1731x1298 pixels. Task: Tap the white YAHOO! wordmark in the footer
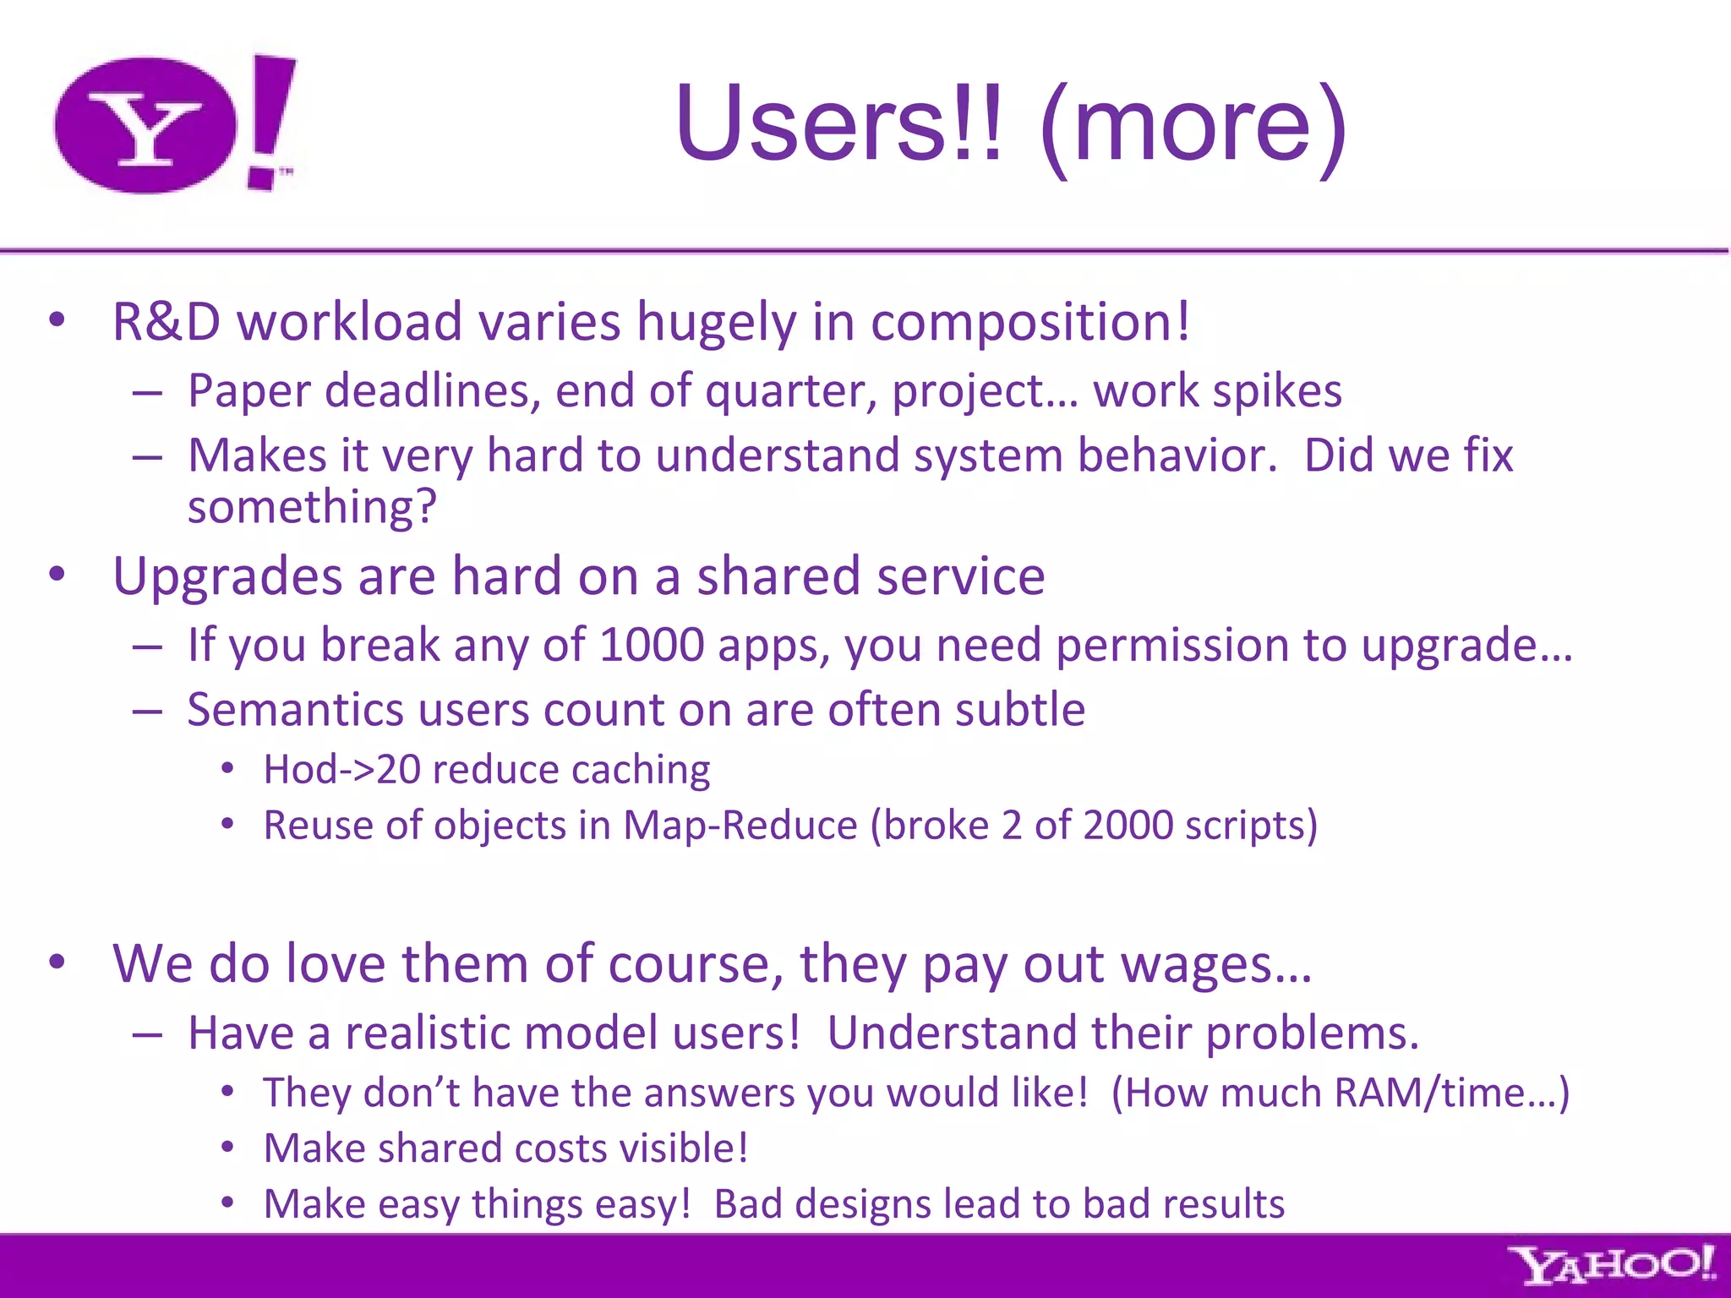click(1612, 1265)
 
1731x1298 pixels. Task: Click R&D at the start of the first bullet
click(167, 322)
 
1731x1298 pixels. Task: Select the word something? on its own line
click(312, 507)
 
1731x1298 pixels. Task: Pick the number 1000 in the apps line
click(651, 645)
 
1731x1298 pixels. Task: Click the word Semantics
click(295, 710)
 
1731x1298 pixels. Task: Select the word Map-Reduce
click(740, 826)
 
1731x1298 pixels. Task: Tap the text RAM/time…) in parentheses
click(1451, 1093)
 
